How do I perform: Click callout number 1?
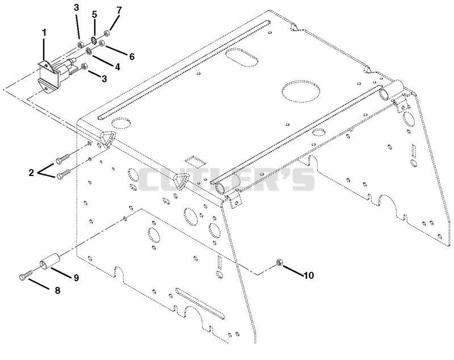[x=44, y=33]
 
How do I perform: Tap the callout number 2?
[x=31, y=173]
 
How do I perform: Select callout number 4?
[x=117, y=67]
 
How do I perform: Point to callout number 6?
[x=132, y=57]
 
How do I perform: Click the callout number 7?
[x=119, y=10]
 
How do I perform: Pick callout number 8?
[x=57, y=291]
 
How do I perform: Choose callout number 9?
[x=76, y=278]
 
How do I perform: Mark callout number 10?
[x=309, y=275]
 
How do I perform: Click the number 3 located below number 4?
[x=104, y=79]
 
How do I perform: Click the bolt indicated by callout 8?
[x=26, y=275]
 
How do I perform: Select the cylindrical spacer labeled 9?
[x=49, y=261]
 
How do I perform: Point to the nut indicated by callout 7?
[x=106, y=33]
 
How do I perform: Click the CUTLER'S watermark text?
[x=226, y=179]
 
